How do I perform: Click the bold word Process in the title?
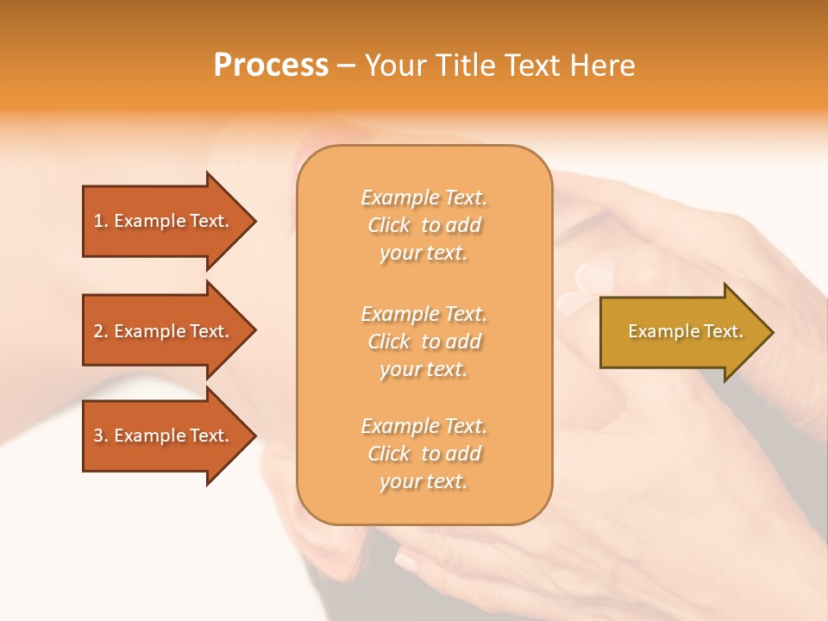[271, 66]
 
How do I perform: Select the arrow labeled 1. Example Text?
[164, 221]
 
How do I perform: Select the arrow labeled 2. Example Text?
[164, 331]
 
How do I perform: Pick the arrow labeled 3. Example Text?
[164, 436]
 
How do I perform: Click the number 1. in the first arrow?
[101, 221]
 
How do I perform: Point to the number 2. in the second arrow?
[101, 331]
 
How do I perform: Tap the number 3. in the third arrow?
[101, 436]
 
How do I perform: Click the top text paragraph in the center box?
[423, 225]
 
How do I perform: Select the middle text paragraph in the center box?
[423, 342]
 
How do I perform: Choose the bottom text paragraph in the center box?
[423, 454]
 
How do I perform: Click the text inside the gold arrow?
[685, 331]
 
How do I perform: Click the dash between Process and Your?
[346, 66]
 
